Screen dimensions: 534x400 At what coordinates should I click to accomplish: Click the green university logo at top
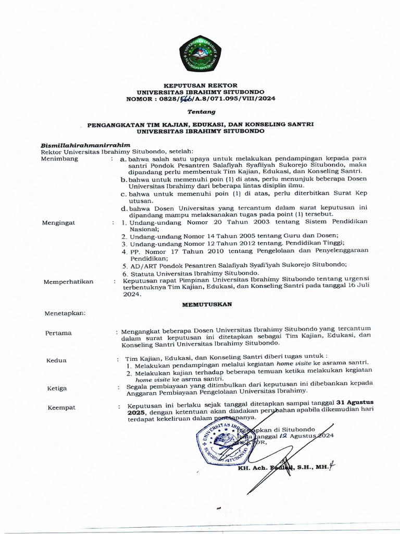pyautogui.click(x=200, y=54)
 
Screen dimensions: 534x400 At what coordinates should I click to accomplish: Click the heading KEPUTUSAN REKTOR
pyautogui.click(x=201, y=85)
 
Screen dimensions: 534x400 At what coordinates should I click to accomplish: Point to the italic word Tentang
pyautogui.click(x=201, y=112)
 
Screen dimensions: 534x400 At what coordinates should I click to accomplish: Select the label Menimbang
pyautogui.click(x=60, y=159)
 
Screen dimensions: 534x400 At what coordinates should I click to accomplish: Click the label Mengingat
pyautogui.click(x=58, y=223)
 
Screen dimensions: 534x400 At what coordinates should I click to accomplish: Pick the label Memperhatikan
pyautogui.click(x=68, y=282)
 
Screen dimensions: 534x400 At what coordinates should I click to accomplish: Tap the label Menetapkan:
pyautogui.click(x=65, y=313)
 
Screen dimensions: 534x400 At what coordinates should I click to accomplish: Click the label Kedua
pyautogui.click(x=56, y=360)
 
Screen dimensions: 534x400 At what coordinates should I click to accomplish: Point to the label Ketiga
pyautogui.click(x=57, y=389)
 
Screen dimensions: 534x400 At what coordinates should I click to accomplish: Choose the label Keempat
pyautogui.click(x=61, y=407)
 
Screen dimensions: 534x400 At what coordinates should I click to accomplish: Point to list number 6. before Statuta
pyautogui.click(x=125, y=273)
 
